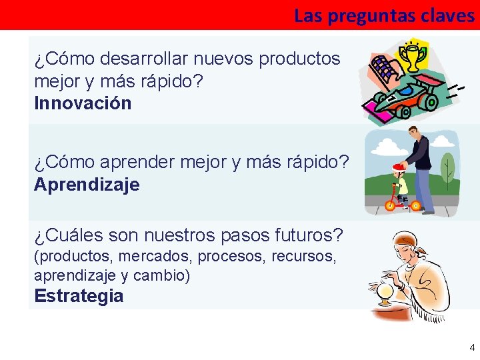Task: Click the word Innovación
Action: (83, 103)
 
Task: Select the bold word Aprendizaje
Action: (87, 185)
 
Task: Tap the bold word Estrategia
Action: (79, 296)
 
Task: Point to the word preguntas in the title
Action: (368, 16)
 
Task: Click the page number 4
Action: (472, 347)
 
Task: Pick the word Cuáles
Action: (77, 235)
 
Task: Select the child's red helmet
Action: (399, 167)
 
